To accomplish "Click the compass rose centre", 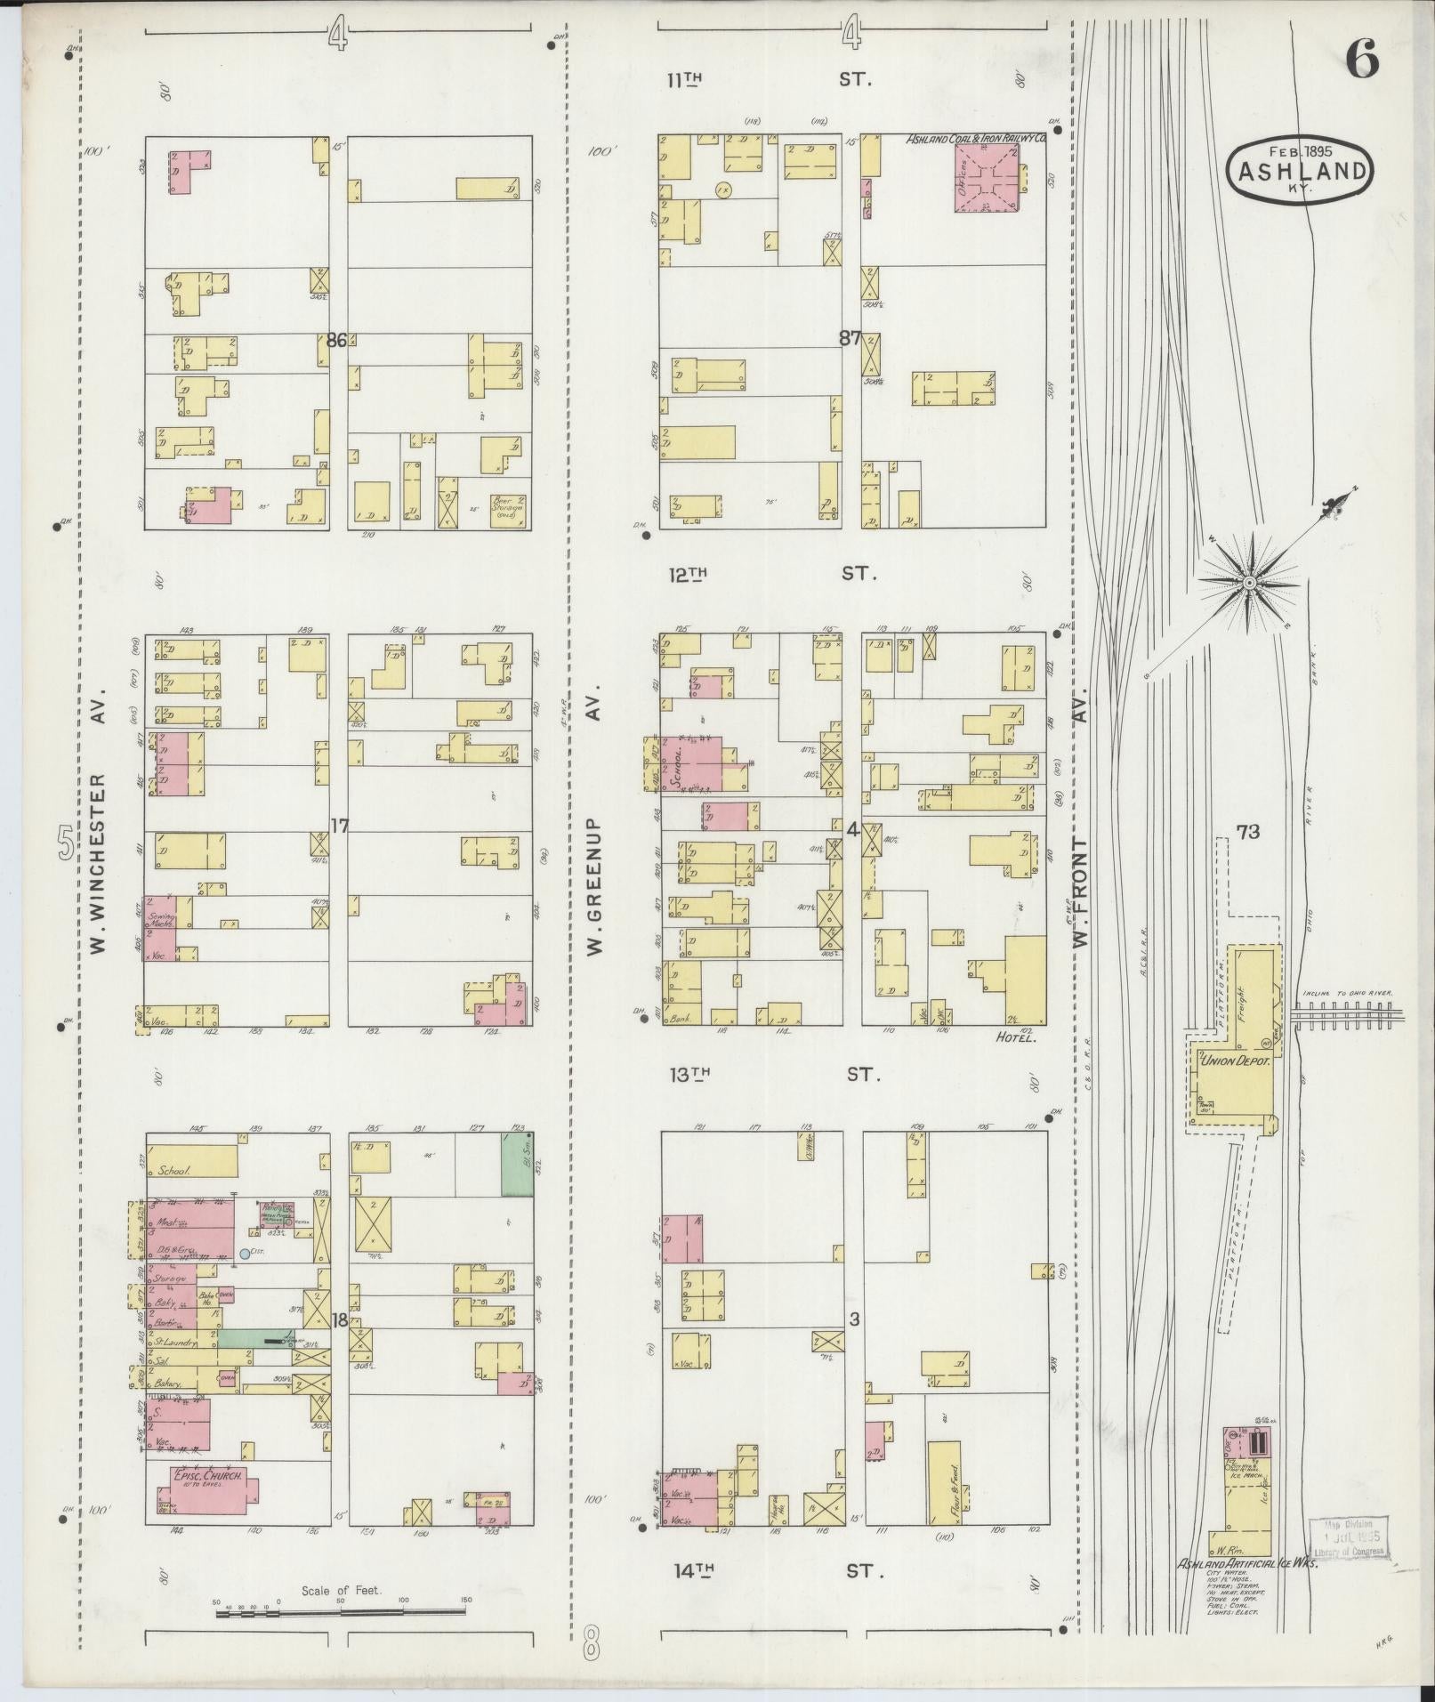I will (x=1249, y=582).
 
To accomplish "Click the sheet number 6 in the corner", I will (x=1361, y=60).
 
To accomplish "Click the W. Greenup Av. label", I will (x=594, y=819).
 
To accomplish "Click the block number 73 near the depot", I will (x=1247, y=832).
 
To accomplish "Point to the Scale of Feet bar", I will (x=342, y=1611).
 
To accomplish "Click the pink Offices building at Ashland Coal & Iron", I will (x=987, y=178).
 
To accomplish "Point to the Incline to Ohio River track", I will (x=1348, y=1012).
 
